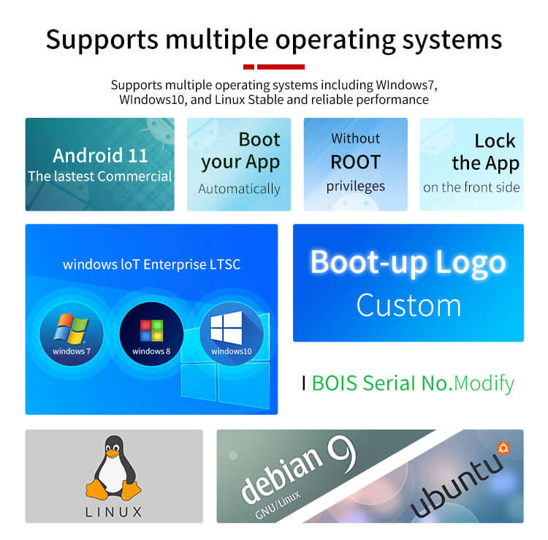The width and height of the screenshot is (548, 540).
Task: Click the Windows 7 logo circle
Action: click(72, 334)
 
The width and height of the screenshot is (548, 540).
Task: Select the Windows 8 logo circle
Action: click(151, 334)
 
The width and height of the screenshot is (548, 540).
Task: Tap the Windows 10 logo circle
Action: click(232, 334)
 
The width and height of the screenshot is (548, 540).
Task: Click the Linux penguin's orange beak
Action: click(113, 454)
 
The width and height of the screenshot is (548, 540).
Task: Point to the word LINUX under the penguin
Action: click(113, 512)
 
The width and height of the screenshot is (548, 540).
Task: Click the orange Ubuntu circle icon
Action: click(503, 448)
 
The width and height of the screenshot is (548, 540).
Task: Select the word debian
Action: click(282, 469)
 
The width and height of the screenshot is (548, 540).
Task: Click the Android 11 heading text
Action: click(100, 155)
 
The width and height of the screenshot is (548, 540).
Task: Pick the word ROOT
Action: click(355, 162)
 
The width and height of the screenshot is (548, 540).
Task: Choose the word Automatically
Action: click(239, 189)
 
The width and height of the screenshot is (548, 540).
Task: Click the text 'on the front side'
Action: click(471, 187)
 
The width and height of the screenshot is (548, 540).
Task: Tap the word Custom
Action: click(408, 306)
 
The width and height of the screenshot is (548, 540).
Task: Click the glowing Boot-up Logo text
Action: click(408, 263)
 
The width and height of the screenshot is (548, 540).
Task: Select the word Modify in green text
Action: click(484, 383)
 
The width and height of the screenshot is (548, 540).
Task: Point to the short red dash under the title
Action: click(248, 67)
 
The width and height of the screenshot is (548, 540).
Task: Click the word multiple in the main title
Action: click(217, 40)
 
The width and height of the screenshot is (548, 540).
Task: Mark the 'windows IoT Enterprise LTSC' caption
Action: click(152, 265)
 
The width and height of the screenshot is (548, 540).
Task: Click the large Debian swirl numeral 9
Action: click(342, 455)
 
